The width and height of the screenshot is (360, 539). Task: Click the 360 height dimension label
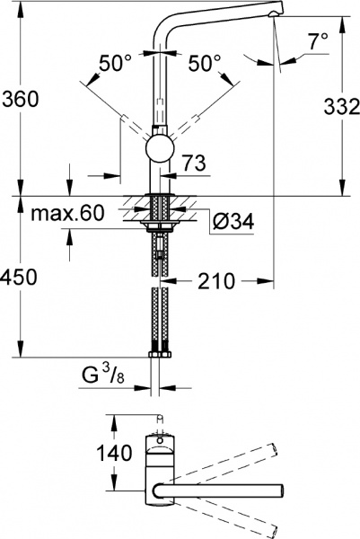(x=20, y=100)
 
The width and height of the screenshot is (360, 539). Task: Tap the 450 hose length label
(x=20, y=278)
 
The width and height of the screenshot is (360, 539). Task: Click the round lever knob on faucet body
(x=159, y=151)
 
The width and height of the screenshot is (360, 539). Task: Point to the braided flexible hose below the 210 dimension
(x=160, y=314)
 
